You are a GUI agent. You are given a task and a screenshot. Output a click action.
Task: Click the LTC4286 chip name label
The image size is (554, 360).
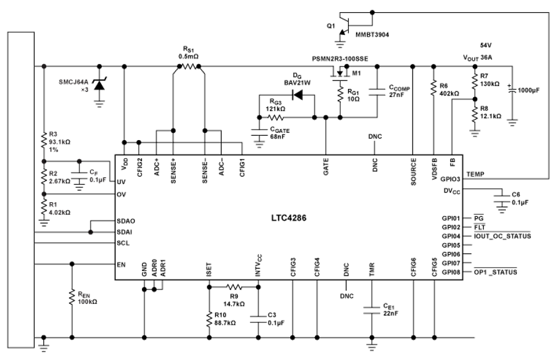point(289,217)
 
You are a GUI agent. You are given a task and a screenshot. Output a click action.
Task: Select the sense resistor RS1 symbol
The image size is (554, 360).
point(189,66)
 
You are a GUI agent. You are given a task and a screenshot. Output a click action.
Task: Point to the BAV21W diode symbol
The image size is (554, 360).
point(298,94)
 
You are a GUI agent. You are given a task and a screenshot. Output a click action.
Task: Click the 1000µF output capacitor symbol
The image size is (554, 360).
point(512,90)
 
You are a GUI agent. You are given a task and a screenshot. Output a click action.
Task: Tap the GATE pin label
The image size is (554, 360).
point(326,166)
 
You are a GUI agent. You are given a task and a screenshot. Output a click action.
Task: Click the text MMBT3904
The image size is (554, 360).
point(372,35)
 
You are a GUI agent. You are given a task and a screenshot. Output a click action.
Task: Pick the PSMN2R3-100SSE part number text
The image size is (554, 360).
point(340,58)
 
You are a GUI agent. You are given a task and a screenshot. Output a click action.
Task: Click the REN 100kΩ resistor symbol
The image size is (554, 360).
point(72,297)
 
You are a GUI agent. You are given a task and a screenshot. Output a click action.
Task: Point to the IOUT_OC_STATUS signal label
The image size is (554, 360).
point(502,236)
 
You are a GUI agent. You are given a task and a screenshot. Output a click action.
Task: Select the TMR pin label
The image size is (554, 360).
point(371,270)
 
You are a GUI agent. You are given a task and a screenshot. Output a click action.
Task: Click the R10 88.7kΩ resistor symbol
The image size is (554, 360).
point(209,319)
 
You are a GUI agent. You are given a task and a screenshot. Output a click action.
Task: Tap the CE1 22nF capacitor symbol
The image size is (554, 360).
point(371,310)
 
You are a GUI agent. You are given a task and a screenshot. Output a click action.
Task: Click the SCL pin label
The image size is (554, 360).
point(123,243)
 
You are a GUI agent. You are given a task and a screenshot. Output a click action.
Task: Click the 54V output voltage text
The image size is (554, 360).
point(486,45)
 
